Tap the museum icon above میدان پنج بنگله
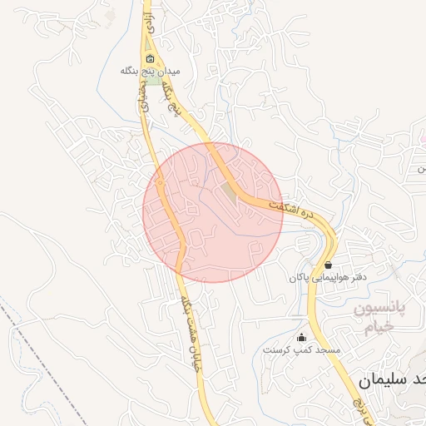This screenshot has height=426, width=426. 151,59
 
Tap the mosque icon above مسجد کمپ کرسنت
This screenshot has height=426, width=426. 301,338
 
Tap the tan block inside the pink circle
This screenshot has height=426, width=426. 228,191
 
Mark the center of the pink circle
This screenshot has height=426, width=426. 213,212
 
